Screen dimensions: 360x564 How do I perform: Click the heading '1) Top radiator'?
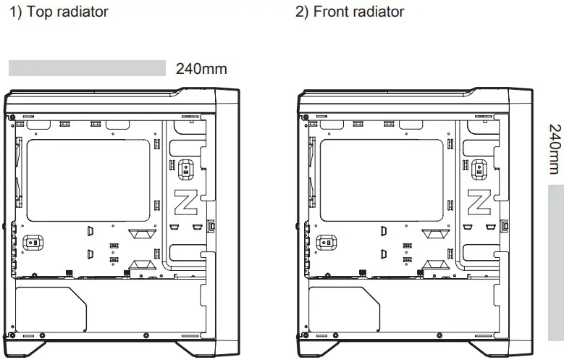pos(59,12)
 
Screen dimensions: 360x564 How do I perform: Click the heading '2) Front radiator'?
pos(350,12)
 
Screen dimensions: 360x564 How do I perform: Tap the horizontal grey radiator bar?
pos(88,68)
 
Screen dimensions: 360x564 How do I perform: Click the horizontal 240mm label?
pos(201,70)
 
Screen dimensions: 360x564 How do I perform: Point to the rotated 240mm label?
pos(555,149)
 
